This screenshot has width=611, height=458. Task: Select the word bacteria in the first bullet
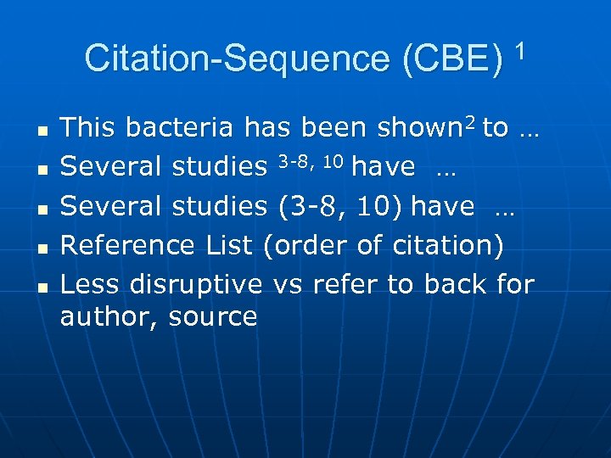(181, 128)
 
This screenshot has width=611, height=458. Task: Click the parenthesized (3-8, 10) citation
(340, 206)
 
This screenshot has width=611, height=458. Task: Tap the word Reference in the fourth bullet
(130, 245)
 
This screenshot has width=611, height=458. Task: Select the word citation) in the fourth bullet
(449, 245)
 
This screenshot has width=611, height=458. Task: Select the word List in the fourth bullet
(230, 245)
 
